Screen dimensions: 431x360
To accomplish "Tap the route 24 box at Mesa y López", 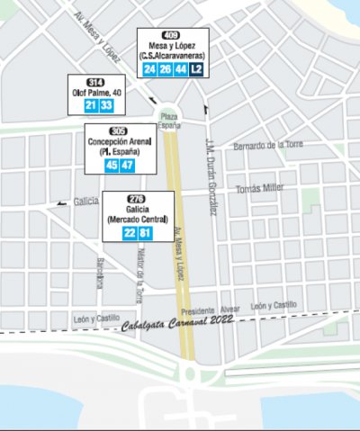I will click(150, 68).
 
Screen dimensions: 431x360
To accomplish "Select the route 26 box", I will click(166, 68).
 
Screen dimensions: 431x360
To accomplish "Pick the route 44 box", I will click(181, 68).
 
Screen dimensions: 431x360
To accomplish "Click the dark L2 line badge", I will click(196, 68).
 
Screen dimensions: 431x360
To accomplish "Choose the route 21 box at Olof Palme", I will click(89, 106).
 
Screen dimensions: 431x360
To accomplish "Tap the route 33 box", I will click(105, 106).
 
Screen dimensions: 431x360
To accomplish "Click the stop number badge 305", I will click(119, 130).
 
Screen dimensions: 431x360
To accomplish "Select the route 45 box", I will click(112, 165).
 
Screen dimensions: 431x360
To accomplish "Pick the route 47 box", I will click(127, 165).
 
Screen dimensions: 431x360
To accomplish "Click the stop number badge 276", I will click(137, 198).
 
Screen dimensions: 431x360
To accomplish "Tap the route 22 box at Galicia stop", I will click(130, 233).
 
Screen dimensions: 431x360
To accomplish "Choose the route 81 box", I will click(145, 233).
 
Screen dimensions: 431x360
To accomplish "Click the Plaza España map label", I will click(168, 121).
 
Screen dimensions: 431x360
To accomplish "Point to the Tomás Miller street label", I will click(259, 189).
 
